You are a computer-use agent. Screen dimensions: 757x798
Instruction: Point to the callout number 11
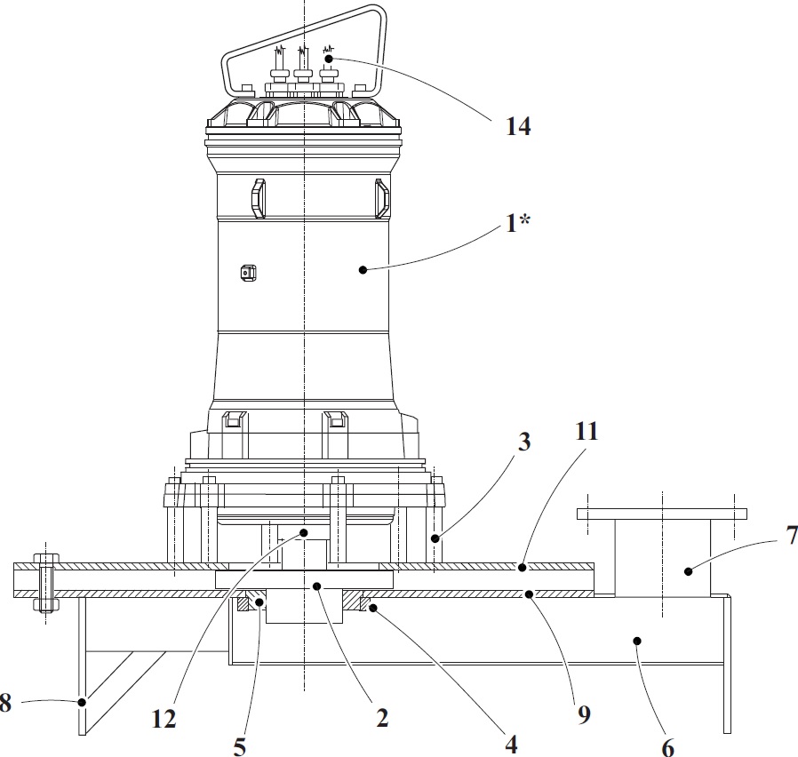coord(587,433)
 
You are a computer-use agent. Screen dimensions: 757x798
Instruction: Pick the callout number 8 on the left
coord(6,704)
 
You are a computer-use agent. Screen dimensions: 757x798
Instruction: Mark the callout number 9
coord(584,713)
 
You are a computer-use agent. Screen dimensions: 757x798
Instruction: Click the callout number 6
coord(668,747)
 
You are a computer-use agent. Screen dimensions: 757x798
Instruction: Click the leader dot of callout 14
coord(329,59)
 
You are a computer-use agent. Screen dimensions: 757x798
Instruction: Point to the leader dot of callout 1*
coord(363,268)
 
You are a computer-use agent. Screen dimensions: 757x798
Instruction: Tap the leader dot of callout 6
coord(636,639)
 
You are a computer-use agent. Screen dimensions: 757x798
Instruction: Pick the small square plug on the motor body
coord(248,274)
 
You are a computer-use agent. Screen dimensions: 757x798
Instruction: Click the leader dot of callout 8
coord(82,702)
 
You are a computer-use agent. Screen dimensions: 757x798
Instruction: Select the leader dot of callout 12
coord(303,533)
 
